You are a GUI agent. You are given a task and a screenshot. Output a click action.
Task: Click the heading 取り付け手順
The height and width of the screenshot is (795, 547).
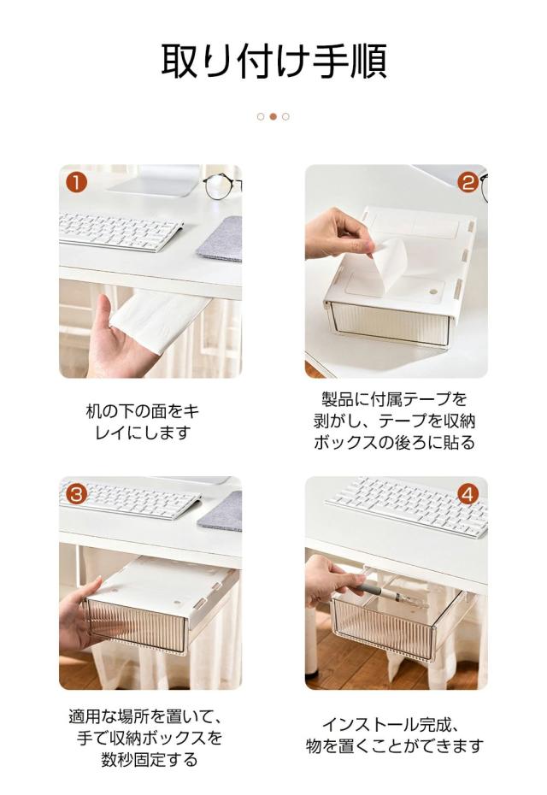273,62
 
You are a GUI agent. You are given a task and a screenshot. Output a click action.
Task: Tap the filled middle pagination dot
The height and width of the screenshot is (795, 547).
273,116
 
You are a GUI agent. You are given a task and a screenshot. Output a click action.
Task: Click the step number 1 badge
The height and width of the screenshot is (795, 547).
77,183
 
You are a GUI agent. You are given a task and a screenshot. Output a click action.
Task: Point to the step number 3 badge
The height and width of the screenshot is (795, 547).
77,494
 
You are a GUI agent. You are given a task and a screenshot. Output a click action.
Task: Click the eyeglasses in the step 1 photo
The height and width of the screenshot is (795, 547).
222,185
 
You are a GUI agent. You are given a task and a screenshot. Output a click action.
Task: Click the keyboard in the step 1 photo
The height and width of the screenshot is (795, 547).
121,232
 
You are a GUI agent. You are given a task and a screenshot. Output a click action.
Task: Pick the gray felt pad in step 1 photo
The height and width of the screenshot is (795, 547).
220,238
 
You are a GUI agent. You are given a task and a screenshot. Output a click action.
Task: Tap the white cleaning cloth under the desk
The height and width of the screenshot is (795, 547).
158,318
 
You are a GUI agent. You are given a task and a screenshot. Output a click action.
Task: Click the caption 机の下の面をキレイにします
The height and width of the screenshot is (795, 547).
143,421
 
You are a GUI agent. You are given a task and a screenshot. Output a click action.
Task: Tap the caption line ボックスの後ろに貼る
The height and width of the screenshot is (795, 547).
394,443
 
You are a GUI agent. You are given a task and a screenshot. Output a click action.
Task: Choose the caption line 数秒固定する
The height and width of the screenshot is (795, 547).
150,759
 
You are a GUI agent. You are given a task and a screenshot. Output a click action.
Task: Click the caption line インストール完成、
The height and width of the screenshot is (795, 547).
391,725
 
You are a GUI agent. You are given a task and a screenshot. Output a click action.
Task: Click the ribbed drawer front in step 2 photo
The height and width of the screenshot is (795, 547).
390,322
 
